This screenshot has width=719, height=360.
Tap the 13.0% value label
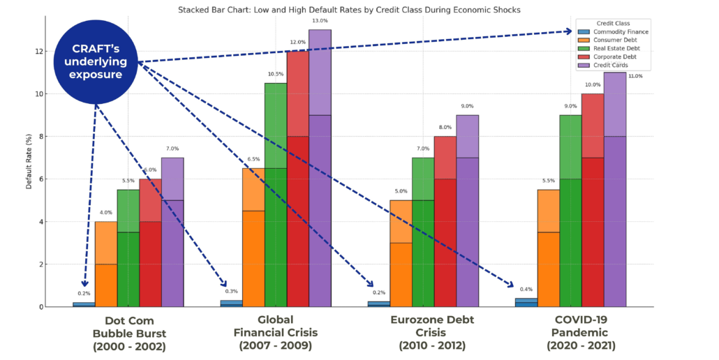320,21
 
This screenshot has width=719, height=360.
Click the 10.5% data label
275,74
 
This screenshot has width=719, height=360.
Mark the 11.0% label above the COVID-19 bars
635,76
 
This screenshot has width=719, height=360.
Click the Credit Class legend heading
613,23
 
